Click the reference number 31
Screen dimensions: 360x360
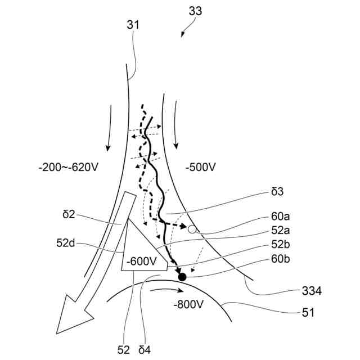[133, 25]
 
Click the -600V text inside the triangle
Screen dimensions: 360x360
[141, 261]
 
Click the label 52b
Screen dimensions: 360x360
[280, 246]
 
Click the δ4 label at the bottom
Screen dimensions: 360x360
[145, 349]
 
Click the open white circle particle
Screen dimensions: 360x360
[192, 229]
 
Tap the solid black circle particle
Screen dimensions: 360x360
[182, 276]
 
